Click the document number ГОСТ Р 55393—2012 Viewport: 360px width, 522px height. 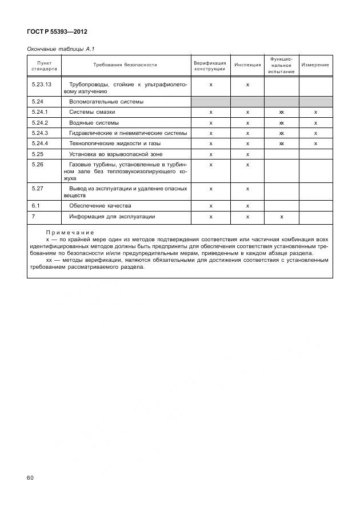click(x=57, y=32)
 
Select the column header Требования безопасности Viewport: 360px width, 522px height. click(x=125, y=65)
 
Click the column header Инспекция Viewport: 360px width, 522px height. click(x=247, y=65)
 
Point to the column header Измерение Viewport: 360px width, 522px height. click(x=315, y=65)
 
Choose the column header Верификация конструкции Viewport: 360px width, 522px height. click(x=210, y=65)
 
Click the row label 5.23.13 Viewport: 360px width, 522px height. click(x=42, y=85)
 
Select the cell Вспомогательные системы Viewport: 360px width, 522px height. click(x=106, y=101)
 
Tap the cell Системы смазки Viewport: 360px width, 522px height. click(x=92, y=112)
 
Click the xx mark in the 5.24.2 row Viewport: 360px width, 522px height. click(x=281, y=123)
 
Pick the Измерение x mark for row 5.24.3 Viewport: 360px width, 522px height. click(x=315, y=133)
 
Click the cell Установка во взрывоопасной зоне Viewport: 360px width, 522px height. click(x=115, y=154)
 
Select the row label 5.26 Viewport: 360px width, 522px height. click(x=38, y=165)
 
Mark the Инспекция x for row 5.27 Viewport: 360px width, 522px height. click(x=247, y=188)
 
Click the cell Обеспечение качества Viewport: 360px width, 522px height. click(x=100, y=206)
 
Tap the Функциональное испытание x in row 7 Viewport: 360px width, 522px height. click(x=281, y=217)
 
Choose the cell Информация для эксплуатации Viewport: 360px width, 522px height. click(x=112, y=217)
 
